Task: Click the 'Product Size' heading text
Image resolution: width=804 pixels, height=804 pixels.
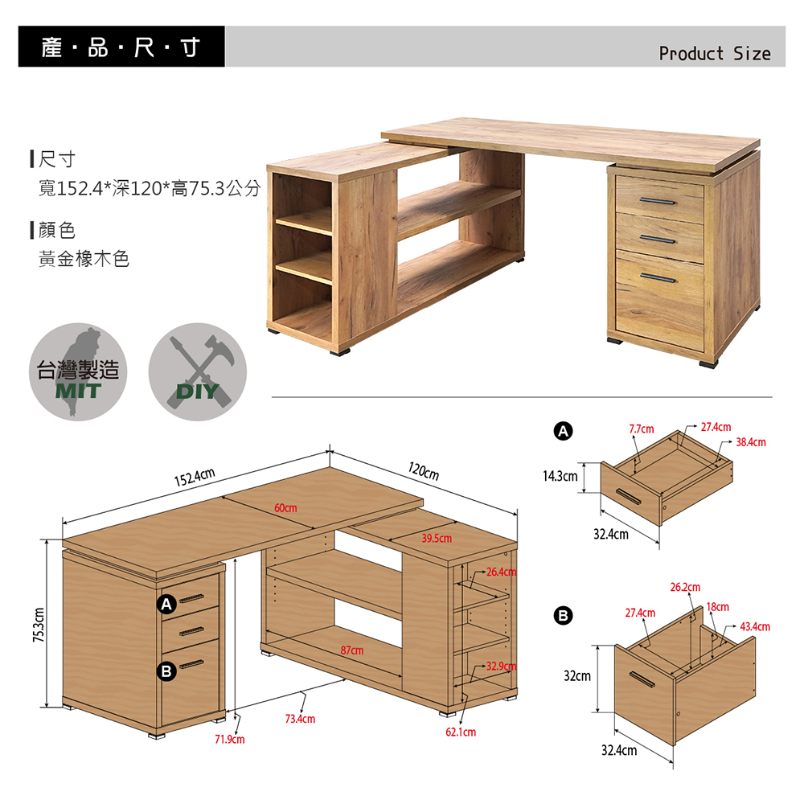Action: (x=714, y=53)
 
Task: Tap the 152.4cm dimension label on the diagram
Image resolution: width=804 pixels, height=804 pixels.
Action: (x=195, y=477)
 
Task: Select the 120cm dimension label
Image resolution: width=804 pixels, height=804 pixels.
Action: (x=424, y=470)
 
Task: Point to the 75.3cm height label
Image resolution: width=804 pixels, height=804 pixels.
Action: (x=39, y=625)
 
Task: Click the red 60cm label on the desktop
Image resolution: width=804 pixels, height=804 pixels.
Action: (x=285, y=507)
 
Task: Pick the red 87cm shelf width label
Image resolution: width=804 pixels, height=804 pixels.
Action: (x=352, y=650)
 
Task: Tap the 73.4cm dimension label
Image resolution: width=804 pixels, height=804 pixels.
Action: (x=300, y=719)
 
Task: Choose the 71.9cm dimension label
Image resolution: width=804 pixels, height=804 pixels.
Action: (x=230, y=740)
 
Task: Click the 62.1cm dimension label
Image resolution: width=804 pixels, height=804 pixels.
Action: (x=461, y=732)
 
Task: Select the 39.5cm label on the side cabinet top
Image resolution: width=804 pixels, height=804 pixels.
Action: (x=437, y=539)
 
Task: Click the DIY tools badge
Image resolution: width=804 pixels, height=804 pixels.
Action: (x=198, y=371)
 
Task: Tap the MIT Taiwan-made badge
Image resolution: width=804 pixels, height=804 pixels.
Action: (x=78, y=371)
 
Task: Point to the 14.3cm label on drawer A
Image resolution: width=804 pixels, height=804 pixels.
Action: (x=560, y=476)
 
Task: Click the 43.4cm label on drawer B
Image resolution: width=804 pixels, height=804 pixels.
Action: (x=755, y=626)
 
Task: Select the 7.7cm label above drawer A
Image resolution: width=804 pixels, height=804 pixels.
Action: (x=642, y=429)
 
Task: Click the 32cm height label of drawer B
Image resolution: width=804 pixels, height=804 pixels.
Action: (x=576, y=676)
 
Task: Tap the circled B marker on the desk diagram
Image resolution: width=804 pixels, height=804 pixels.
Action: (x=166, y=671)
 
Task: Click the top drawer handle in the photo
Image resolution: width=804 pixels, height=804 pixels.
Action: (x=658, y=200)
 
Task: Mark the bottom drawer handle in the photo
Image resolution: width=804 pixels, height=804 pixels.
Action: (x=658, y=278)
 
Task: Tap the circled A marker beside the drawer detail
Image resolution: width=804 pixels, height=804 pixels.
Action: (x=563, y=431)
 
